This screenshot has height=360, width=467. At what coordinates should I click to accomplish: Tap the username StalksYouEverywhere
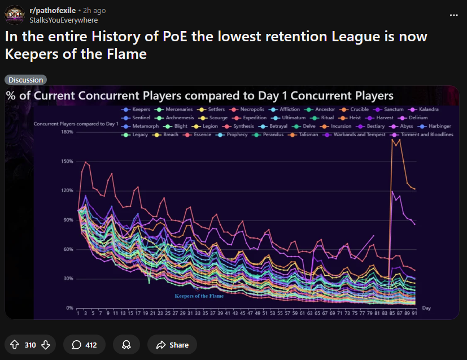(x=63, y=20)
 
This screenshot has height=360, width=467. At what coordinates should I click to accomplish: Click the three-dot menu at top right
(x=453, y=15)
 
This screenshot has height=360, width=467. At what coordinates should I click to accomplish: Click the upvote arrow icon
(x=15, y=345)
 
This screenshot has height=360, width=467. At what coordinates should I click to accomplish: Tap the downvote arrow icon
(x=46, y=345)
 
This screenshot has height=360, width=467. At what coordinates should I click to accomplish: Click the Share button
(x=172, y=345)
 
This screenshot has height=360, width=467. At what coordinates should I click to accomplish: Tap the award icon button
(x=126, y=345)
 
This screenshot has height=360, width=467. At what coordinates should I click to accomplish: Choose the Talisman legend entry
(x=306, y=135)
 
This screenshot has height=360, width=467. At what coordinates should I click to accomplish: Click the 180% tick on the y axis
(x=67, y=132)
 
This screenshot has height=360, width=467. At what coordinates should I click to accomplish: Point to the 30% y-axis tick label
(x=68, y=279)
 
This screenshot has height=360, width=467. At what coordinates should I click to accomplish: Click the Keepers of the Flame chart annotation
(x=199, y=296)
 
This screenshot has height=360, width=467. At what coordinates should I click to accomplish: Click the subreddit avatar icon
(x=15, y=15)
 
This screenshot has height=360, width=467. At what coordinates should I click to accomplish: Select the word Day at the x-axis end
(x=426, y=308)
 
